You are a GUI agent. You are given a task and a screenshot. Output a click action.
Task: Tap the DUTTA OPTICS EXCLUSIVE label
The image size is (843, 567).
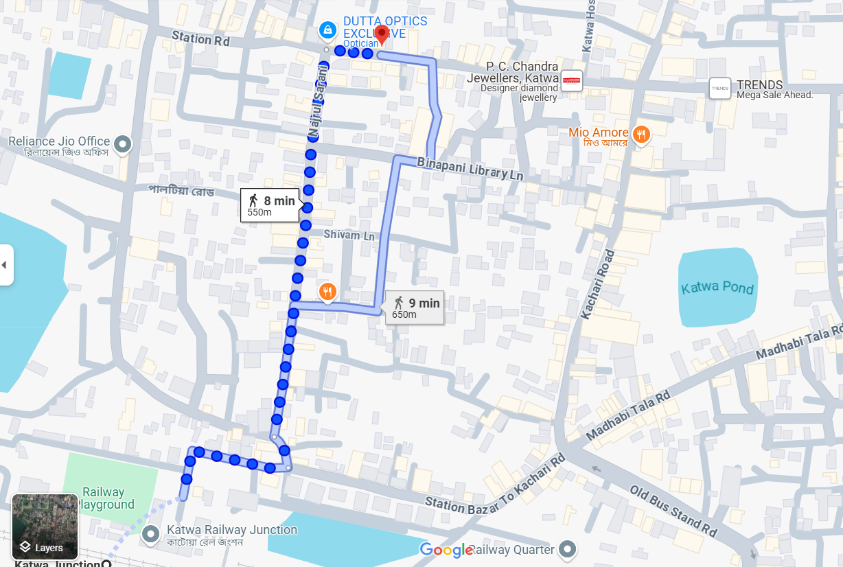click(x=376, y=28)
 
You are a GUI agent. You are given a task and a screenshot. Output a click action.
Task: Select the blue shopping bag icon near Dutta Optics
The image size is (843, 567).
click(x=327, y=30)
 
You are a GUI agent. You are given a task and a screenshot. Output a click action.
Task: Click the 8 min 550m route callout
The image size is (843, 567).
click(x=270, y=205)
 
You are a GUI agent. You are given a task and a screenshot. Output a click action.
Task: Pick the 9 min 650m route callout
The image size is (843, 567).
click(x=415, y=308)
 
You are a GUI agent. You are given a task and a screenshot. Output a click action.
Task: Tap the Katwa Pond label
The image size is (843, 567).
click(x=717, y=288)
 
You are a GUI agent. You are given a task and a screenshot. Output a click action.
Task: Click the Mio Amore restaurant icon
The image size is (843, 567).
click(x=641, y=135)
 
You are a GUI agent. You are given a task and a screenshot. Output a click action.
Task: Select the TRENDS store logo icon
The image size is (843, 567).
click(x=720, y=87)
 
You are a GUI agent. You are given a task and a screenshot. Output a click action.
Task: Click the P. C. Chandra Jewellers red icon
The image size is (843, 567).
click(x=571, y=81)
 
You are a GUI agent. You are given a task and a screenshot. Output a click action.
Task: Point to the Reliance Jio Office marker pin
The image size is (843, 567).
click(x=122, y=144)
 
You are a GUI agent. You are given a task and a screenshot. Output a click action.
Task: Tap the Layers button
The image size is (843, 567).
click(x=45, y=526)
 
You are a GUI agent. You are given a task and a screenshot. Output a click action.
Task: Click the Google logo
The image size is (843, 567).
click(x=446, y=550)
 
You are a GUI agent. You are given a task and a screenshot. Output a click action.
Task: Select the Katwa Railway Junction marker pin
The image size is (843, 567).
click(x=151, y=533)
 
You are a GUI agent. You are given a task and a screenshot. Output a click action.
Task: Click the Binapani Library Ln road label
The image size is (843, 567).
click(x=470, y=169)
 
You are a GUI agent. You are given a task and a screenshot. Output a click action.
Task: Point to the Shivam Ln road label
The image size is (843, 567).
click(x=349, y=235)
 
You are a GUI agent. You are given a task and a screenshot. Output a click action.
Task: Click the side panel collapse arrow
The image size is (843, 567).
click(x=5, y=264)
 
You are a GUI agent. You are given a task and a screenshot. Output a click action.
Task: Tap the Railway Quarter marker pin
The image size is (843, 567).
click(x=566, y=549)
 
